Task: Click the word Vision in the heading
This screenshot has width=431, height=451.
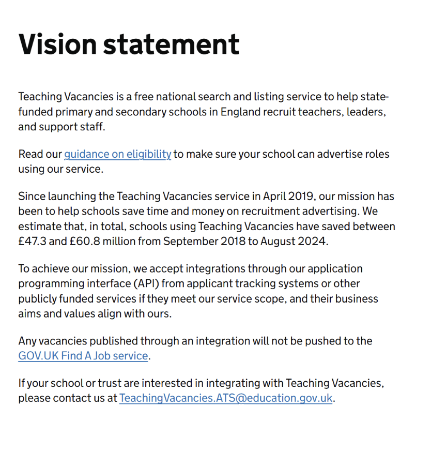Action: pos(56,43)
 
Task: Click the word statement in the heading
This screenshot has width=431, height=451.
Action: pos(171,43)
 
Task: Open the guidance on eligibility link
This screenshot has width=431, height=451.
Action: pos(117,154)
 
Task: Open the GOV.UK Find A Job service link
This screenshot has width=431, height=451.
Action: pos(83,356)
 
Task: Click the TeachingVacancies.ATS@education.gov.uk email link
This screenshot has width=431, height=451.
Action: pos(226,399)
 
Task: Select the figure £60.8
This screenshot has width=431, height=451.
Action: pos(85,242)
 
